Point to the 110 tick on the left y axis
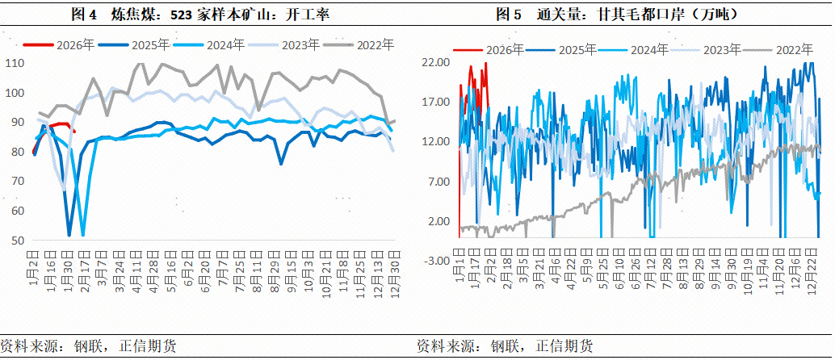[15, 63]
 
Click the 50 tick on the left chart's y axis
[19, 241]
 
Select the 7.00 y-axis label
[438, 182]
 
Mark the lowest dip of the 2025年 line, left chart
[69, 235]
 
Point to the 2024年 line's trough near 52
[83, 235]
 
